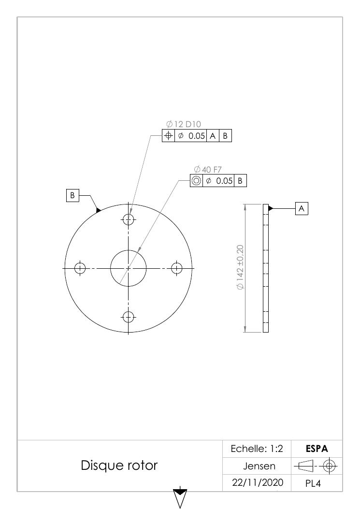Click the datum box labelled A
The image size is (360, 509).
coord(302,208)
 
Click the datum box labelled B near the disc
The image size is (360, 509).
coord(72,195)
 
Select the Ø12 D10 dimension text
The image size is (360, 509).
coord(184,124)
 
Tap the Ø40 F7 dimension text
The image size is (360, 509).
coord(208,170)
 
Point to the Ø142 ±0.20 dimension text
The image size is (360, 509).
coord(240,268)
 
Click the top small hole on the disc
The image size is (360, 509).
coord(129,219)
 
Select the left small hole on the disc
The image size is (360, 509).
coord(80,268)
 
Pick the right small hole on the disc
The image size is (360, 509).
coord(176,268)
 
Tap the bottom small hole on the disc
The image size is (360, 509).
coord(129,317)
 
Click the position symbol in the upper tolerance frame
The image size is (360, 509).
coord(169,136)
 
